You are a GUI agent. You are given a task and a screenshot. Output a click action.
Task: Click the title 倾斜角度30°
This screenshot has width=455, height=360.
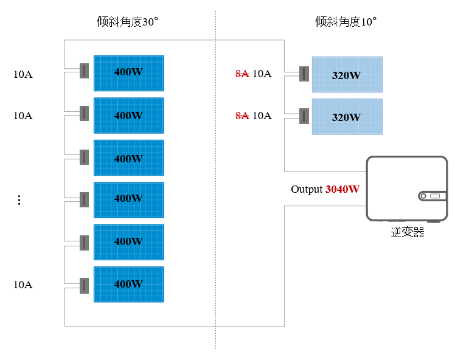(x=127, y=21)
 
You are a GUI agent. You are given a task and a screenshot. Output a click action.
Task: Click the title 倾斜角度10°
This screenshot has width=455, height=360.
(x=346, y=21)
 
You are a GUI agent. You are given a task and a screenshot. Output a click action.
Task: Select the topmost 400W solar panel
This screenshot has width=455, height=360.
(x=129, y=73)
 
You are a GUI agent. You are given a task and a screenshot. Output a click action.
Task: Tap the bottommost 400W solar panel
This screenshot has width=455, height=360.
(x=129, y=284)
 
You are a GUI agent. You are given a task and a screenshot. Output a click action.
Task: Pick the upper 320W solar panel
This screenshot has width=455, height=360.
(x=347, y=75)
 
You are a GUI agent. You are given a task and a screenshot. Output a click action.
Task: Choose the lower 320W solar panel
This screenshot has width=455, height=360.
(x=347, y=117)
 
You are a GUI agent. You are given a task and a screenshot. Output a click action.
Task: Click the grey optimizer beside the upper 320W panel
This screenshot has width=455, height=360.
(x=304, y=74)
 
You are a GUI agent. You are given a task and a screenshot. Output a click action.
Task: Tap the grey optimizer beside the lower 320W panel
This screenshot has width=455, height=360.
(x=304, y=116)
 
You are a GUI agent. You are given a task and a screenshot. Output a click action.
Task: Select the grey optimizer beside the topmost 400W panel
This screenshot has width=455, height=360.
(x=84, y=71)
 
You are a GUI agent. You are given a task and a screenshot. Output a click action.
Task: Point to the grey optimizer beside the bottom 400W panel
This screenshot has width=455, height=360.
(x=84, y=286)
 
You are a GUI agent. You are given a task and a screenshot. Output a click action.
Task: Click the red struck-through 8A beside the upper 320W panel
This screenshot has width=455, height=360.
(x=242, y=74)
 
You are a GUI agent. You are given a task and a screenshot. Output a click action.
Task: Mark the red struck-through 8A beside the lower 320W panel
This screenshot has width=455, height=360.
(x=242, y=116)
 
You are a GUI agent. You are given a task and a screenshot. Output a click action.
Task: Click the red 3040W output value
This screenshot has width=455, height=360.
(x=342, y=189)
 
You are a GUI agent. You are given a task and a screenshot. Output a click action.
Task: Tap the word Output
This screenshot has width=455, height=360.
(x=307, y=189)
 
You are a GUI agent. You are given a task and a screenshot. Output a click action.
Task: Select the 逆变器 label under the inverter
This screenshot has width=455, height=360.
(x=408, y=232)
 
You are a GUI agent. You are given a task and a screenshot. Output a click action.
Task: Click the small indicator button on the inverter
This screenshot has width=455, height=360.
(x=423, y=196)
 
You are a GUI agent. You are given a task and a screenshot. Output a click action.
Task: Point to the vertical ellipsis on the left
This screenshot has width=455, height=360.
(x=19, y=200)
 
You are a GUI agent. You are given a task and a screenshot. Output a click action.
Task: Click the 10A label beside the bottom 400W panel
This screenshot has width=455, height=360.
(x=23, y=285)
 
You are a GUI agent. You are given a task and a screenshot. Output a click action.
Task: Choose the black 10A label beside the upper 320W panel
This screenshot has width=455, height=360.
(x=262, y=74)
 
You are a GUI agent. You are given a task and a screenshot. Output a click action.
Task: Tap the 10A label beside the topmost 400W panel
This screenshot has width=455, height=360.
(x=23, y=74)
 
